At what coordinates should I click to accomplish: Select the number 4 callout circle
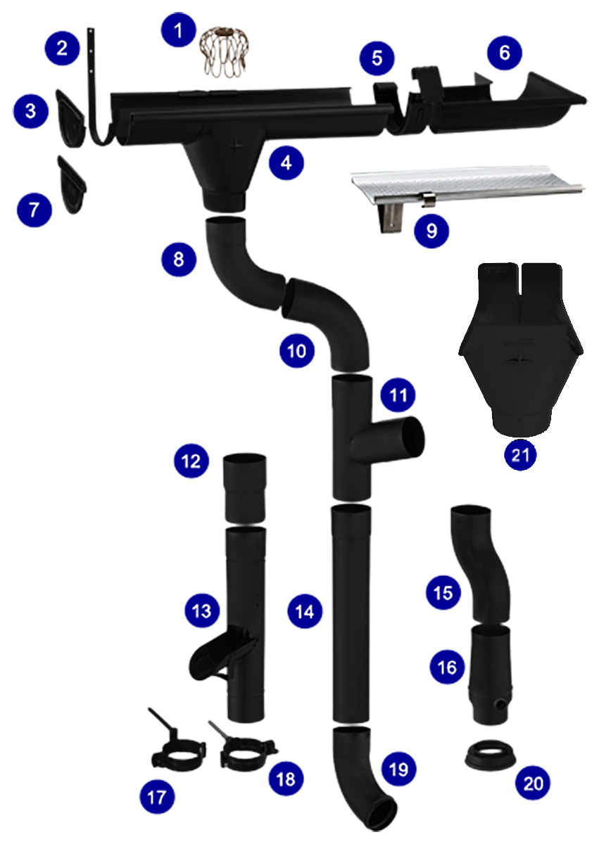pos(286,163)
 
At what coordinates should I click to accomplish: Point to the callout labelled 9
pos(432,229)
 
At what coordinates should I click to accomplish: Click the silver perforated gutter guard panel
pos(465,182)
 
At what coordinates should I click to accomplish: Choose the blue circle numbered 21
pos(520,454)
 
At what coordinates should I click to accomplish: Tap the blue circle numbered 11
pos(398,396)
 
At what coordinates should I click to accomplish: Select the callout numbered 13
pos(202,610)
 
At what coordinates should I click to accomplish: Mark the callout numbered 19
pos(398,769)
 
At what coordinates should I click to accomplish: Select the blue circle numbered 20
pos(534,782)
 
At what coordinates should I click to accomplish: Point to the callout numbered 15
pos(443,592)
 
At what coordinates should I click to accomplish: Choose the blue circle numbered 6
pos(503,52)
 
